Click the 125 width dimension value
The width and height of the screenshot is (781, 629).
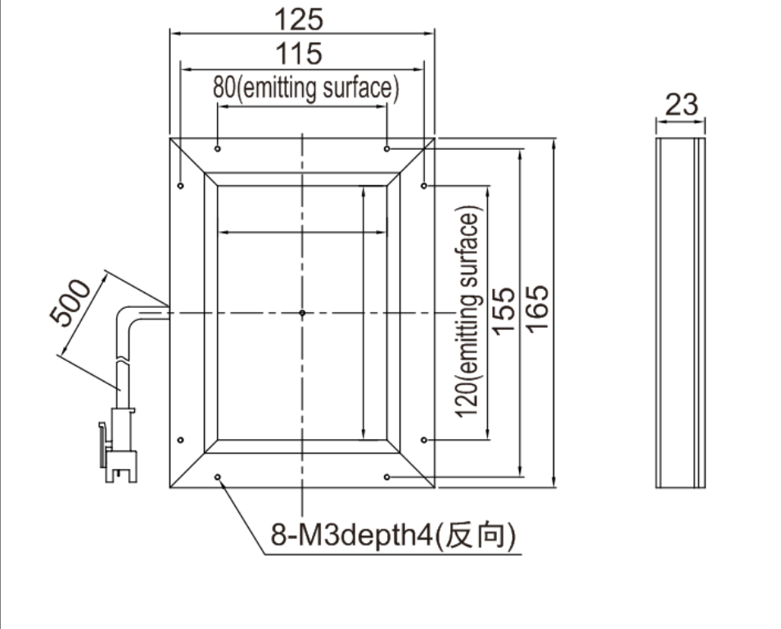(299, 20)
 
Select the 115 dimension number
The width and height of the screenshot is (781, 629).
(299, 54)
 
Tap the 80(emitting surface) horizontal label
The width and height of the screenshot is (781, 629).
(306, 88)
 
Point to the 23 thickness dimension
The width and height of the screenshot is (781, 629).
(681, 105)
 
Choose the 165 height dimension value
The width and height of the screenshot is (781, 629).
(537, 309)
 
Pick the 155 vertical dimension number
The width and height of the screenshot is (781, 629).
(503, 310)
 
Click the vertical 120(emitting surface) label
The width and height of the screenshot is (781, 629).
(468, 311)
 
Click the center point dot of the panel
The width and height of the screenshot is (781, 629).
(302, 313)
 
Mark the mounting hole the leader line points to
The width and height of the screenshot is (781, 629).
(218, 477)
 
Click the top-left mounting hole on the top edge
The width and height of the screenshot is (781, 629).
(218, 148)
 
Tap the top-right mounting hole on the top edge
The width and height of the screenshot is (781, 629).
(387, 148)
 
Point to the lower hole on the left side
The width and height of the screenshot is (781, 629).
(180, 440)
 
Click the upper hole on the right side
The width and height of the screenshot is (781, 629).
(424, 186)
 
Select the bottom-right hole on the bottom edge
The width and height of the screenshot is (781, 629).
(387, 477)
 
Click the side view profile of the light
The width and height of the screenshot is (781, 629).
(680, 313)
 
